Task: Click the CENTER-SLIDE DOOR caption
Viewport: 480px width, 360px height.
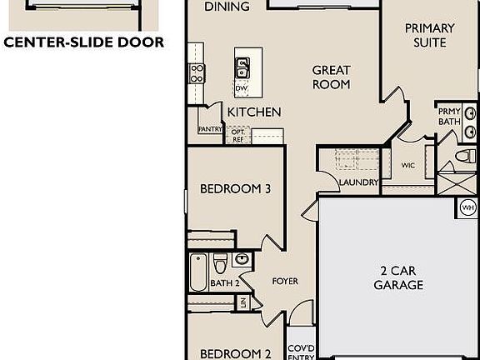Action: click(x=83, y=42)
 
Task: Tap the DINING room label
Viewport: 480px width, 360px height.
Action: click(x=227, y=7)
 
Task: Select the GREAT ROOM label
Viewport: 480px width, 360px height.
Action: click(x=331, y=77)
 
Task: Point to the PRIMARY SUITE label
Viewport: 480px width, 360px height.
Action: click(x=430, y=35)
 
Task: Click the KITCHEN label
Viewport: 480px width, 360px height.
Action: click(x=253, y=112)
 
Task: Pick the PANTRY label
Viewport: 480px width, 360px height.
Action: click(x=209, y=129)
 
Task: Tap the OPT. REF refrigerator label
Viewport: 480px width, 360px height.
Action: click(x=238, y=135)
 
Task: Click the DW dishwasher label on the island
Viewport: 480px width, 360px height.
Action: click(x=242, y=87)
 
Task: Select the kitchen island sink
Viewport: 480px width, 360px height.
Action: click(x=242, y=64)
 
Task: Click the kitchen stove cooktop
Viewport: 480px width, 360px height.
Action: click(x=197, y=73)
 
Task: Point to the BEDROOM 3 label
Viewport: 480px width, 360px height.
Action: click(x=236, y=189)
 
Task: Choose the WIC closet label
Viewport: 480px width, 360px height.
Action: click(x=407, y=165)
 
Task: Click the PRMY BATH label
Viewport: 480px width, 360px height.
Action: click(x=448, y=117)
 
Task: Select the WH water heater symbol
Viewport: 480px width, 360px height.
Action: click(x=466, y=207)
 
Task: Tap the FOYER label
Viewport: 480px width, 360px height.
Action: click(x=285, y=282)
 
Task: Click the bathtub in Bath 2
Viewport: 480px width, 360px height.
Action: click(x=198, y=272)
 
